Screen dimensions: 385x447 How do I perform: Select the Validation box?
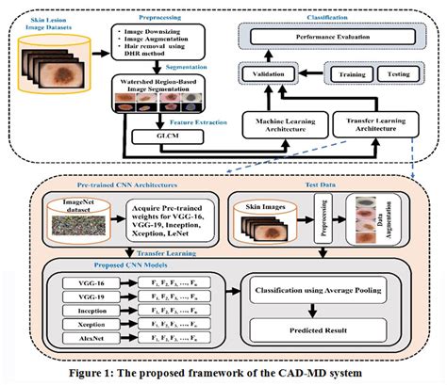tap(267, 72)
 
